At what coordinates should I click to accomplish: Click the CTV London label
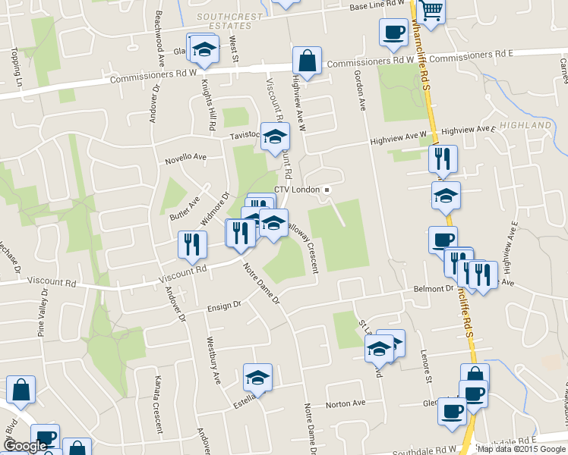pyautogui.click(x=298, y=190)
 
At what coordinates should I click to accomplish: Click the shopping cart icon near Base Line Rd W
pyautogui.click(x=431, y=10)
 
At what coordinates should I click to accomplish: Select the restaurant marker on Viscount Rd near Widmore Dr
pyautogui.click(x=192, y=243)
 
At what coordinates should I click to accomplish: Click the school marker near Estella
pyautogui.click(x=257, y=377)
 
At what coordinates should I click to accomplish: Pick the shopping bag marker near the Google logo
pyautogui.click(x=21, y=390)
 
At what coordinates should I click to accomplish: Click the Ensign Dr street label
pyautogui.click(x=224, y=306)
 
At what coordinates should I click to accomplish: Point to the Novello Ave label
pyautogui.click(x=185, y=158)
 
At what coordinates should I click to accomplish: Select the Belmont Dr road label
pyautogui.click(x=433, y=289)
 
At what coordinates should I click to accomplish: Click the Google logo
pyautogui.click(x=24, y=446)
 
